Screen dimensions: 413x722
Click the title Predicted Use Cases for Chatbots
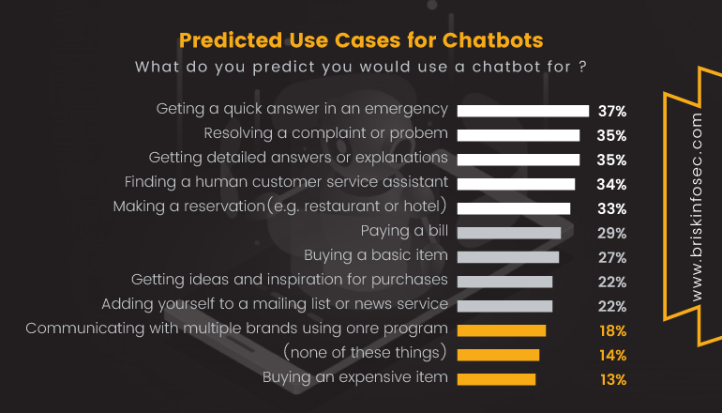click(x=360, y=41)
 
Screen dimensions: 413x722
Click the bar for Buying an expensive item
click(x=496, y=379)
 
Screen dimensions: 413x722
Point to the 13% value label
click(x=613, y=379)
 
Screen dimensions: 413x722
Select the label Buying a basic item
click(x=376, y=255)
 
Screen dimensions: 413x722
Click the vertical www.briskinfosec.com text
click(x=695, y=206)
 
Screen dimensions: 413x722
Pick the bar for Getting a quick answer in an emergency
click(x=522, y=111)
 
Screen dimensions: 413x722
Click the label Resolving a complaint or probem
click(x=325, y=133)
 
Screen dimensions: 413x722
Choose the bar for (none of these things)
click(x=498, y=355)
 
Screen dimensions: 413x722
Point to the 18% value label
click(x=613, y=330)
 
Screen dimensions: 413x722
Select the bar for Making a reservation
click(x=513, y=208)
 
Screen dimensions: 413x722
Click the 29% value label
click(x=613, y=233)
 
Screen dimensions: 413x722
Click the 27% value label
click(x=613, y=257)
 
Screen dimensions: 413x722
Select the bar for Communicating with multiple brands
click(x=501, y=330)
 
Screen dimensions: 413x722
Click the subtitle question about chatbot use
click(x=361, y=68)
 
